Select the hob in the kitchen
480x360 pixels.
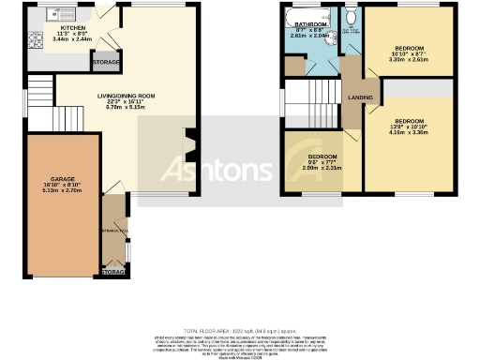point(35,40)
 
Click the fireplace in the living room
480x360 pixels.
point(188,142)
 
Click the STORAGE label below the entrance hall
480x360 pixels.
point(112,272)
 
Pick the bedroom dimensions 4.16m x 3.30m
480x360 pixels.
point(411,134)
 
